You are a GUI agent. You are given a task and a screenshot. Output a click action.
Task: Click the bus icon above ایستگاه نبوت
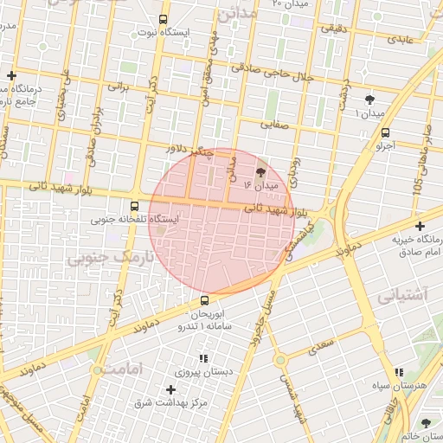pyautogui.click(x=164, y=19)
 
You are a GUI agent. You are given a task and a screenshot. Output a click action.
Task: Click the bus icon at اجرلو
pyautogui.click(x=385, y=132)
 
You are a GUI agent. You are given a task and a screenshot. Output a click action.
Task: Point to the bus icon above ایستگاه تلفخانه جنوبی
pyautogui.click(x=133, y=206)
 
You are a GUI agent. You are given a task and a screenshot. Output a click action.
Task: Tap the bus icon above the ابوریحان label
pyautogui.click(x=204, y=300)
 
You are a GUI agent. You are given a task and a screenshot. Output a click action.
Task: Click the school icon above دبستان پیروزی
pyautogui.click(x=204, y=358)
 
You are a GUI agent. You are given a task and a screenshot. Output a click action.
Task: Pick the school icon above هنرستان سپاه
pyautogui.click(x=398, y=372)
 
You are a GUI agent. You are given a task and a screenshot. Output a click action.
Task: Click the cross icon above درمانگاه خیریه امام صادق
pyautogui.click(x=419, y=226)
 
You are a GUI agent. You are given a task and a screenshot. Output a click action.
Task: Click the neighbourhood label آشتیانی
pyautogui.click(x=402, y=296)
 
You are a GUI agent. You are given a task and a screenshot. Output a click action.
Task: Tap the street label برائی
pyautogui.click(x=117, y=87)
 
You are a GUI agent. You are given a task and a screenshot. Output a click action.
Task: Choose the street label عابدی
pyautogui.click(x=401, y=40)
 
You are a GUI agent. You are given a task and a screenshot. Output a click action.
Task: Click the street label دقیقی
pyautogui.click(x=336, y=28)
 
